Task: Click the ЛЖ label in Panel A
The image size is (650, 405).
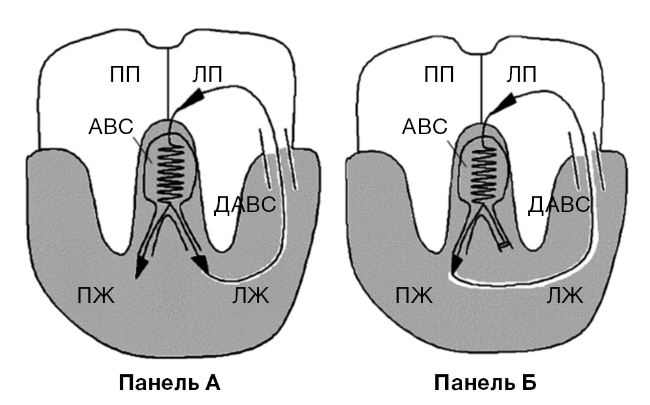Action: tap(251, 297)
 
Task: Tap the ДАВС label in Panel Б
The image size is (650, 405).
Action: tap(559, 205)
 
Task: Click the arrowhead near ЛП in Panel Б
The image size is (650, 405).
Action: tap(504, 102)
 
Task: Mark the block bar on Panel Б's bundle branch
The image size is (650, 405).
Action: tap(503, 245)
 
